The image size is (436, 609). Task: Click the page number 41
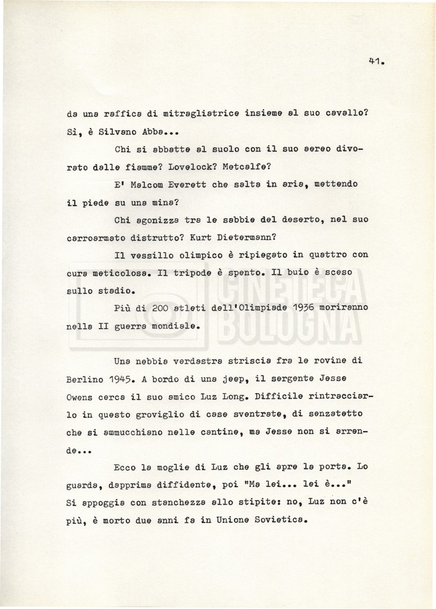(x=376, y=61)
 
